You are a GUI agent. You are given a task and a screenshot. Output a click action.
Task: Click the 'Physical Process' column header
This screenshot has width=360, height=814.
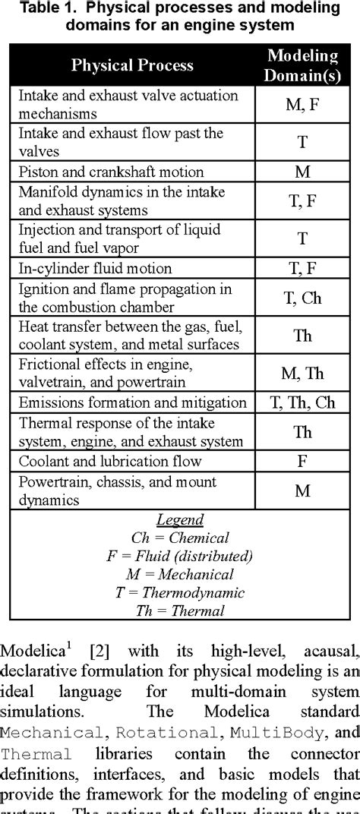pos(132,65)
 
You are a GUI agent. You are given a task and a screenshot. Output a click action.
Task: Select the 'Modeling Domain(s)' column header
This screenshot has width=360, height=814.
pos(303,65)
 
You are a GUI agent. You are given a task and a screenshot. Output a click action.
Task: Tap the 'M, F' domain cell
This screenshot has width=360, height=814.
pos(303,106)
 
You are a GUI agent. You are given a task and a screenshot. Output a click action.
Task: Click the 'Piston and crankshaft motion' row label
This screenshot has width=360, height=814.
pos(111,172)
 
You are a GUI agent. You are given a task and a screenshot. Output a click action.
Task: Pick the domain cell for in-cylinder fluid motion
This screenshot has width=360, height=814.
pos(303,268)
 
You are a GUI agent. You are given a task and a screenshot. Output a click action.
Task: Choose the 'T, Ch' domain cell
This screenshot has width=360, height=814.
pos(303,298)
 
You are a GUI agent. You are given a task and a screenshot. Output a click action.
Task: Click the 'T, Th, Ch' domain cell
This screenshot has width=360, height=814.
pos(303,402)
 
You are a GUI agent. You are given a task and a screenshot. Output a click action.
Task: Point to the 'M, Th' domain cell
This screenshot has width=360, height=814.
pos(303,372)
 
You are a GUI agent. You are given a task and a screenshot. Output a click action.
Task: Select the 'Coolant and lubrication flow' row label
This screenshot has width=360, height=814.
pos(109,462)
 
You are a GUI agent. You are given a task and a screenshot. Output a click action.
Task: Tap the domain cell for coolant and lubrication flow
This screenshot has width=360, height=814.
pos(303,462)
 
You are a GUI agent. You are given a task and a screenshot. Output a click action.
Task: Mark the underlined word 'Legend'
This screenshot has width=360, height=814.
pos(180,521)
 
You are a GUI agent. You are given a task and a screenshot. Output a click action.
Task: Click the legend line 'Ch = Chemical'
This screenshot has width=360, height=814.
pos(180,538)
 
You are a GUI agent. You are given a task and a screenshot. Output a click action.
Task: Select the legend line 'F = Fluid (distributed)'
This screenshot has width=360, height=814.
pos(180,556)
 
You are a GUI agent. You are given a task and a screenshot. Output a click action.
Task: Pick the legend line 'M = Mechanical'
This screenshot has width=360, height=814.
pos(180,574)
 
